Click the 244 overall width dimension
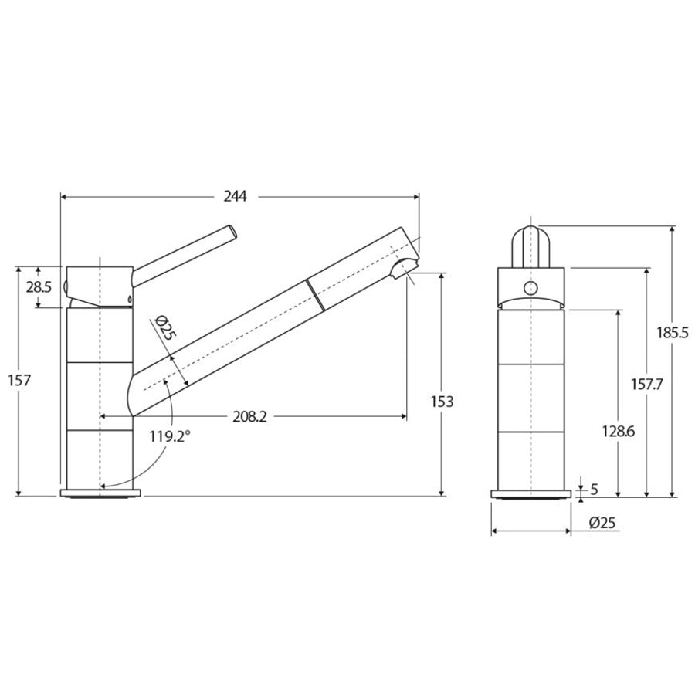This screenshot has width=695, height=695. click(235, 196)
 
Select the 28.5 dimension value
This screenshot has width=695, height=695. click(39, 287)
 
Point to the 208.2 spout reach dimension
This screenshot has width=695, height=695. click(250, 417)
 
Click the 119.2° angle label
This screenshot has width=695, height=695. click(170, 436)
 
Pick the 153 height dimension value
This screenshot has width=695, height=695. click(442, 402)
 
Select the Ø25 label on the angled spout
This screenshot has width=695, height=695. click(165, 328)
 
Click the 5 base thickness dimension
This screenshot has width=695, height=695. click(595, 488)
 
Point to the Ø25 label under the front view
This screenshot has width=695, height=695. click(602, 523)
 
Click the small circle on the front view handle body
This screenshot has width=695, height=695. click(529, 288)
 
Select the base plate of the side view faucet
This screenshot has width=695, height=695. click(101, 493)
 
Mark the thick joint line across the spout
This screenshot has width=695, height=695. click(311, 296)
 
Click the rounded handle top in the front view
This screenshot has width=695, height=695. click(529, 232)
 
